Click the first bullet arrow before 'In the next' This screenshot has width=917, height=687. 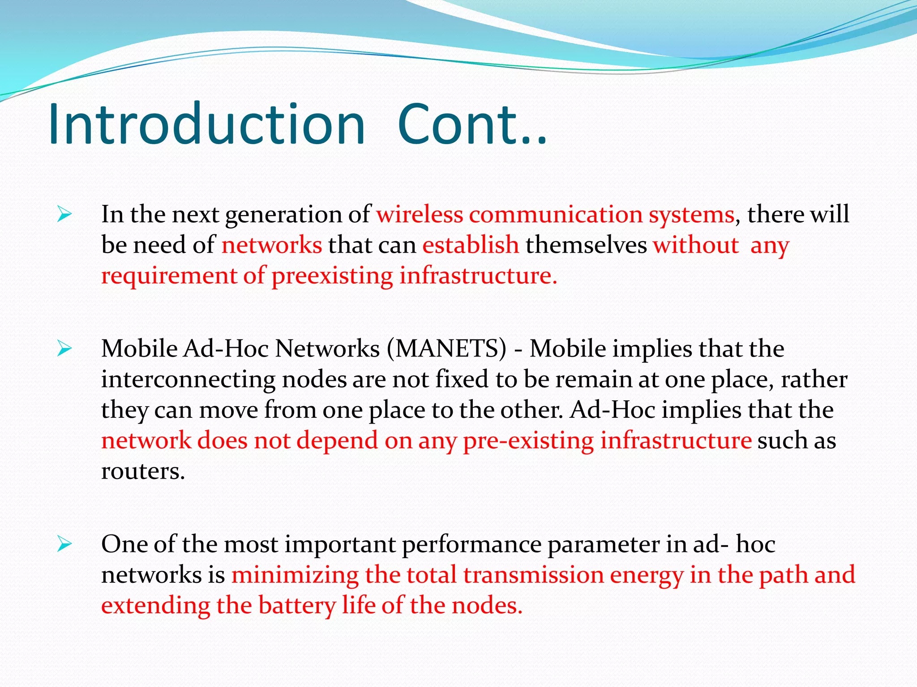click(64, 215)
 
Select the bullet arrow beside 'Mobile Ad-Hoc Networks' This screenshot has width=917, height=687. click(64, 349)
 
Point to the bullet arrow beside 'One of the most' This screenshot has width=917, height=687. click(64, 544)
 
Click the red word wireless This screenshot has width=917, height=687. click(419, 214)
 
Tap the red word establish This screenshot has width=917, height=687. click(471, 245)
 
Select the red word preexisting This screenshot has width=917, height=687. click(332, 276)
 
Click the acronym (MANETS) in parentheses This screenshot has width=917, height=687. click(446, 348)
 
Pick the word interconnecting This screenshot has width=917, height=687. click(188, 379)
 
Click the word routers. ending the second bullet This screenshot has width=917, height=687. click(143, 471)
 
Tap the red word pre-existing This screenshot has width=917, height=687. click(528, 441)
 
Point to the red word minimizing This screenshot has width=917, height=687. click(295, 575)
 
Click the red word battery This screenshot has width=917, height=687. click(297, 606)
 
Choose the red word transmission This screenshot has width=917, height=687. click(533, 575)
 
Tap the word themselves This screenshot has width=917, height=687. click(586, 245)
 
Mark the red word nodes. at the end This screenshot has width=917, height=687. click(487, 606)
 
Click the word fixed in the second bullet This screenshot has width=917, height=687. click(462, 379)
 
